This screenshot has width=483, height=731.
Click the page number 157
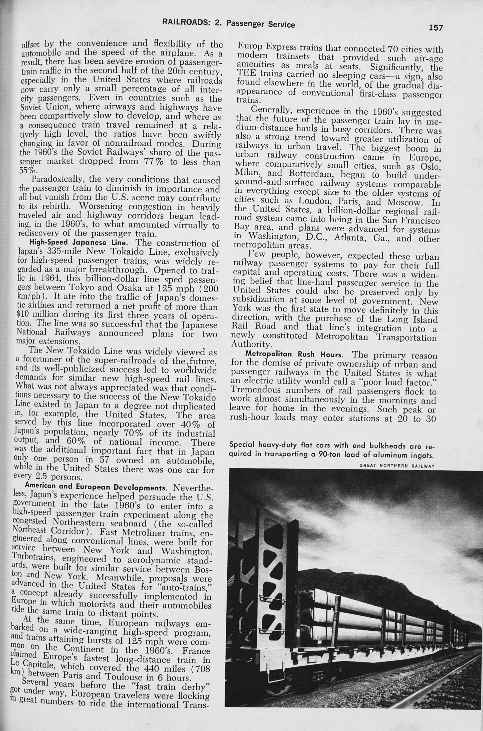tap(435, 28)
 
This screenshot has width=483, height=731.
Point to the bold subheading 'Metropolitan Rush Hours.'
tap(294, 355)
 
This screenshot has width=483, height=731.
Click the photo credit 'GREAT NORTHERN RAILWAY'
tap(397, 466)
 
